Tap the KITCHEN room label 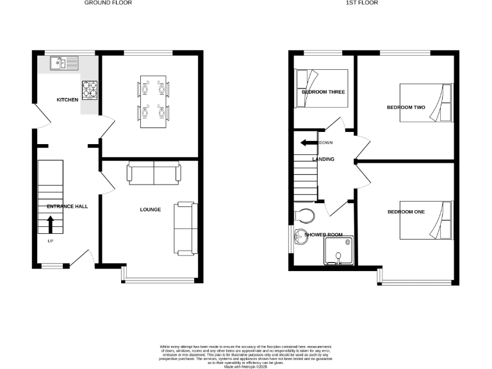pos(67,100)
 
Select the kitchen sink pos(65,63)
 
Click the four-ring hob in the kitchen pos(89,90)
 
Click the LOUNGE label pos(151,209)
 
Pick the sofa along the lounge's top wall pos(154,174)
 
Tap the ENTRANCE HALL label pos(67,206)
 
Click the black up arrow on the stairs pos(51,224)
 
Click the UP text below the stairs pos(50,242)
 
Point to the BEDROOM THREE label pos(323,92)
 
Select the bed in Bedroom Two pos(426,102)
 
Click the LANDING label pos(323,159)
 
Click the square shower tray pos(339,250)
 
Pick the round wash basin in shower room pos(299,239)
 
